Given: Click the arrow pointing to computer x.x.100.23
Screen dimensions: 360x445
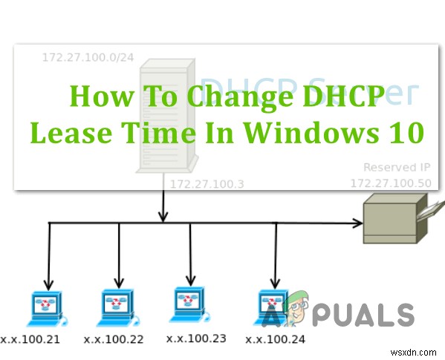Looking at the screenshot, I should [x=190, y=256].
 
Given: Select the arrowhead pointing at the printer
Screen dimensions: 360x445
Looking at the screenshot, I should [x=356, y=222].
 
